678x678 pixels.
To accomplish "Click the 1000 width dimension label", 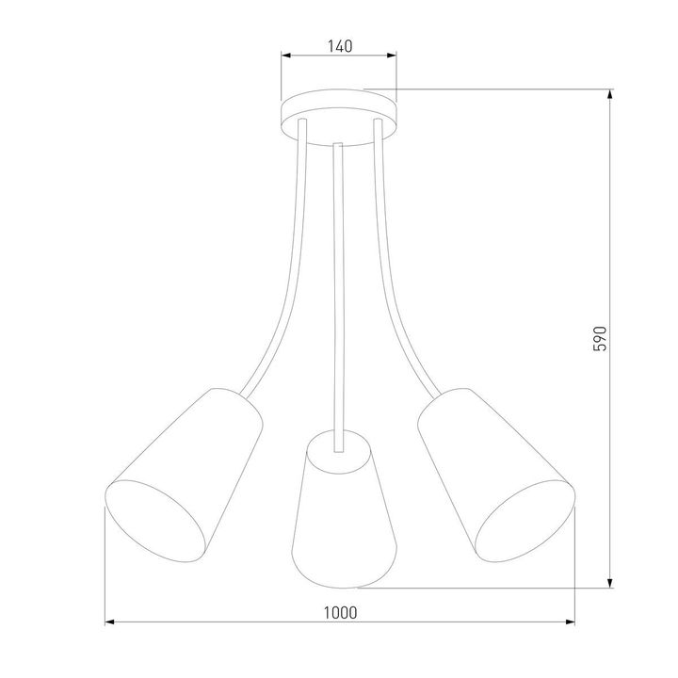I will [339, 611].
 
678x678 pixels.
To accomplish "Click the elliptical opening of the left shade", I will [155, 523].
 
